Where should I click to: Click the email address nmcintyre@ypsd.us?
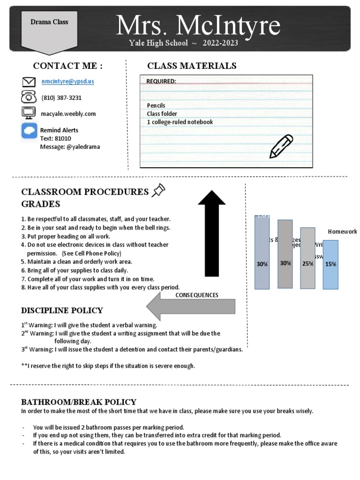[67, 81]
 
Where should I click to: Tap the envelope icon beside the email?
[29, 82]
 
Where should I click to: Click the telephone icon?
[29, 97]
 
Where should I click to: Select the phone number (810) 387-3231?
[61, 98]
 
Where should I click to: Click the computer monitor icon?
[29, 112]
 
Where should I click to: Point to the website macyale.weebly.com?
[68, 114]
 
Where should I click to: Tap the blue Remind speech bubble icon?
[29, 130]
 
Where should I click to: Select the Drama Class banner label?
[43, 22]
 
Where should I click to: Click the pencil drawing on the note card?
[281, 146]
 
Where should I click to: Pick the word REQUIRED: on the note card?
[161, 81]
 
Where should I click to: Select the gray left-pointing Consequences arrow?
[191, 306]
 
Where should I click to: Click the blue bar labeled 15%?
[330, 265]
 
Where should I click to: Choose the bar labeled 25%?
[307, 258]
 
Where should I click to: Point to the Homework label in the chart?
[342, 232]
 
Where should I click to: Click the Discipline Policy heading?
[62, 311]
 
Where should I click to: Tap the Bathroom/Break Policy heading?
[79, 402]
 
